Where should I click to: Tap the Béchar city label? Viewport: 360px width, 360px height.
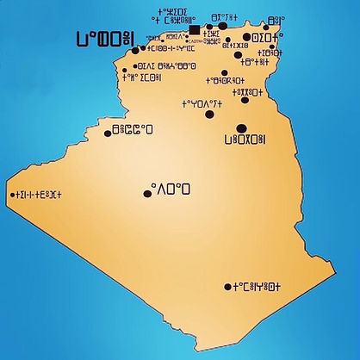coord(133,131)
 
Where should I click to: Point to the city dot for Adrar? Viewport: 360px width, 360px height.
coord(147,194)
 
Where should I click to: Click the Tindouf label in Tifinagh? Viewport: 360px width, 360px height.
coord(38,196)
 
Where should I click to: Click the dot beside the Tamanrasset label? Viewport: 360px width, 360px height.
coord(227,287)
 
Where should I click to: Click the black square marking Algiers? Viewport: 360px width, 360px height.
coord(195,31)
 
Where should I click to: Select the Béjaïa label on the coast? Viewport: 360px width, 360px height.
coord(223,16)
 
